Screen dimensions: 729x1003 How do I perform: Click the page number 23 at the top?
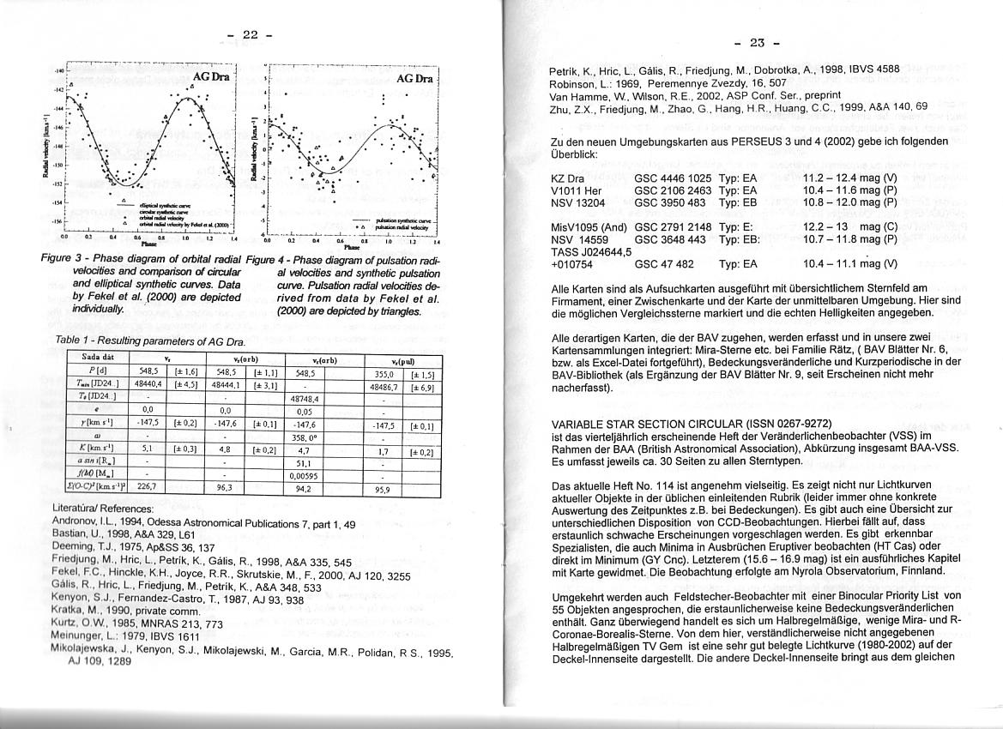pyautogui.click(x=756, y=42)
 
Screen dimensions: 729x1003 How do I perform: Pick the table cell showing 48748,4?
pyautogui.click(x=305, y=399)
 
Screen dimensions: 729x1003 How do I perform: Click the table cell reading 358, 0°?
pyautogui.click(x=305, y=437)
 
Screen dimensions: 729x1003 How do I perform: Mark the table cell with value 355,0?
pyautogui.click(x=384, y=374)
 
